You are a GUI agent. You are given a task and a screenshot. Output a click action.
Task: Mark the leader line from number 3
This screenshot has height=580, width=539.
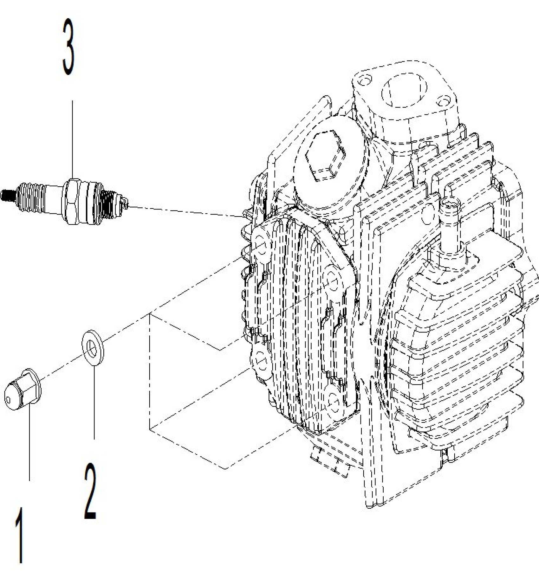(72, 139)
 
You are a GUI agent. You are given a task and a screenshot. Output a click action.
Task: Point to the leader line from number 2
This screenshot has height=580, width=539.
(94, 403)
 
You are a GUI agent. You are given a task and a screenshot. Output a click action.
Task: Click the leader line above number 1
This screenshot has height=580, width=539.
(29, 444)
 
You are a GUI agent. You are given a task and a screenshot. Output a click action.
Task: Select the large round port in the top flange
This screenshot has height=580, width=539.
(404, 90)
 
